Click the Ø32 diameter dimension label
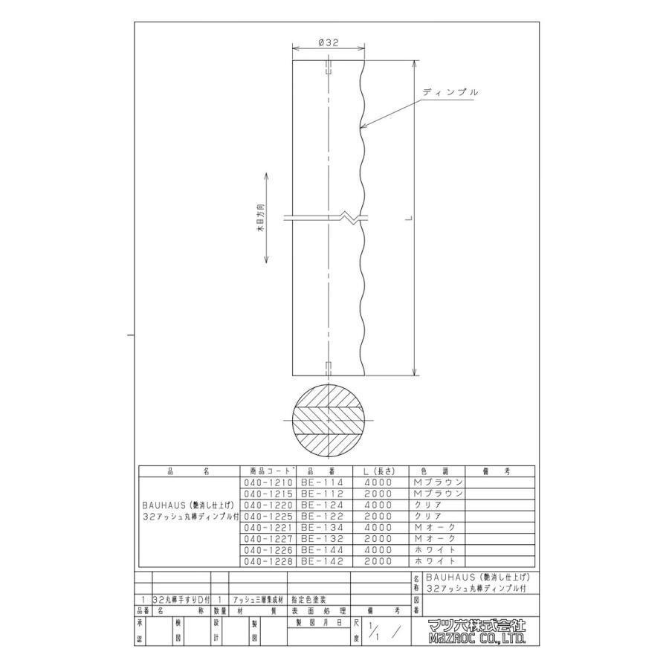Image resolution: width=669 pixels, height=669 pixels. coord(328,44)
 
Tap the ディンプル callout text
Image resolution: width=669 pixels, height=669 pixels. coord(449,92)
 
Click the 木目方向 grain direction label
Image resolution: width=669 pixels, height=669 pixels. coord(260,219)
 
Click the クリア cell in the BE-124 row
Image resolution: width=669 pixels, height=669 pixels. coord(438,505)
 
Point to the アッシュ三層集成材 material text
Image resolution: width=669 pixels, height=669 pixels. coord(258,598)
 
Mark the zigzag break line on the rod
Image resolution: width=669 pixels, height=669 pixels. coord(347,219)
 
